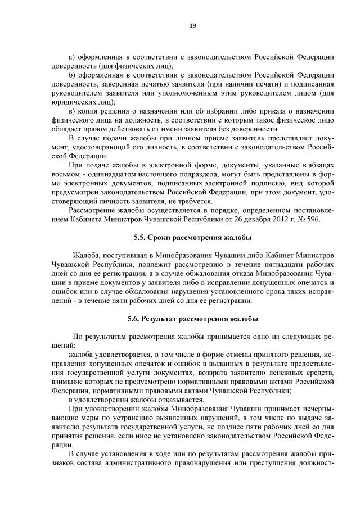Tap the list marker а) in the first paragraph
click(71, 57)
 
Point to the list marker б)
click(71, 75)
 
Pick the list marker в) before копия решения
click(71, 111)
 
